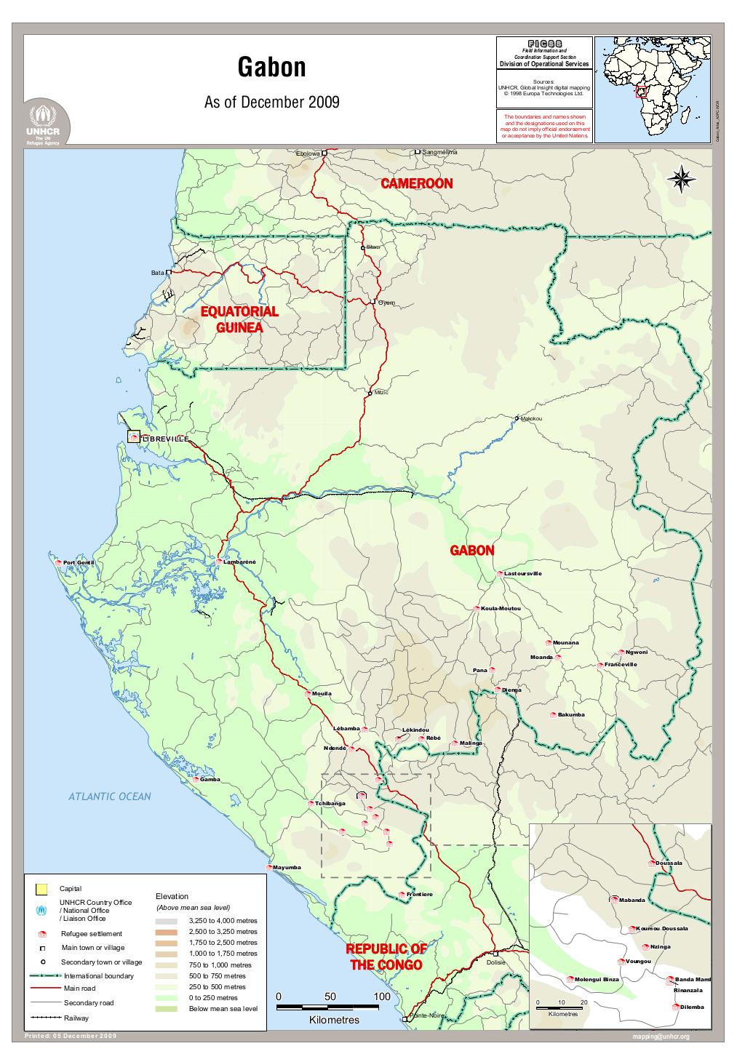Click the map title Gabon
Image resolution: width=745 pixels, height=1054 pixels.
271,68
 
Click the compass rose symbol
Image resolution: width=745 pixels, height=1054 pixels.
682,179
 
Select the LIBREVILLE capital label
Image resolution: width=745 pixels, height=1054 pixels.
166,439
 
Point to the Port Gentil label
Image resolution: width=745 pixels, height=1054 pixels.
79,563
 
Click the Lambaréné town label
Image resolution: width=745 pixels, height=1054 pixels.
240,562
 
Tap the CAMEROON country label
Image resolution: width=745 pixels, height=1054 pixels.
416,184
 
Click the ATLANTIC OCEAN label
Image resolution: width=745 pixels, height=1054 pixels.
110,797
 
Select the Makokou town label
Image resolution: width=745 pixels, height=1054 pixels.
531,419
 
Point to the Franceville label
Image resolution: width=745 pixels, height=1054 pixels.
621,665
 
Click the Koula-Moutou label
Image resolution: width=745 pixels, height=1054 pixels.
501,608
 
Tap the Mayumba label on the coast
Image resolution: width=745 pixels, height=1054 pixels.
287,868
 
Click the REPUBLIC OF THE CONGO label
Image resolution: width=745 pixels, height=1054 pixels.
386,957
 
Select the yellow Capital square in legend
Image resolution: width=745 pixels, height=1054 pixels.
41,888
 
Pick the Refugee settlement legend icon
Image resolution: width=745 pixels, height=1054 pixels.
41,934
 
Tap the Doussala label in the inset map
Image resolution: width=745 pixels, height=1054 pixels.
669,863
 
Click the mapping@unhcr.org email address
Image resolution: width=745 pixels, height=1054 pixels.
661,1037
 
